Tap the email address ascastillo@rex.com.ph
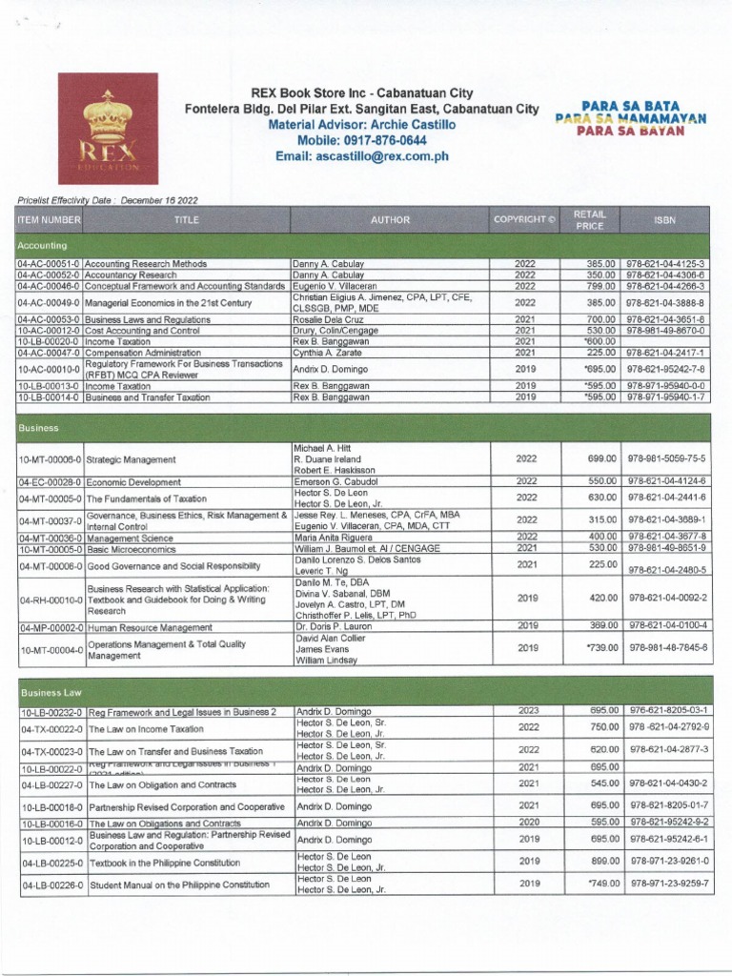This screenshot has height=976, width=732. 361,156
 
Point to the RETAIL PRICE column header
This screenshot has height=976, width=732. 589,219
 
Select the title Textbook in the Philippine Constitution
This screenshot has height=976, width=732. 164,862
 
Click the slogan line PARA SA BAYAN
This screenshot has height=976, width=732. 629,132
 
